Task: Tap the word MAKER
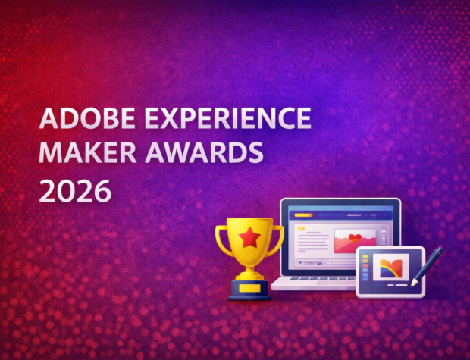pos(81,154)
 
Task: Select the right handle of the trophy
pos(277,239)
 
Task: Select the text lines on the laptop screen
pos(310,243)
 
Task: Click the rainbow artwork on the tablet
pos(391,266)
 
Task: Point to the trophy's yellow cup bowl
pos(249,239)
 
